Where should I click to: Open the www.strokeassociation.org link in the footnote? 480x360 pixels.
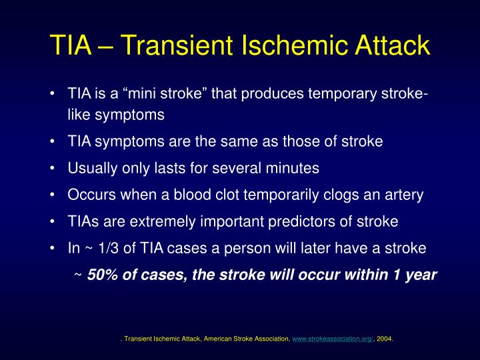(x=332, y=339)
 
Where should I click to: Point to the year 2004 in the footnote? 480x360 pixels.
(x=385, y=339)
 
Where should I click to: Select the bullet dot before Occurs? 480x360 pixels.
(x=52, y=195)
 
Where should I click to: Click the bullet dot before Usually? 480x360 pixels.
(x=52, y=169)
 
